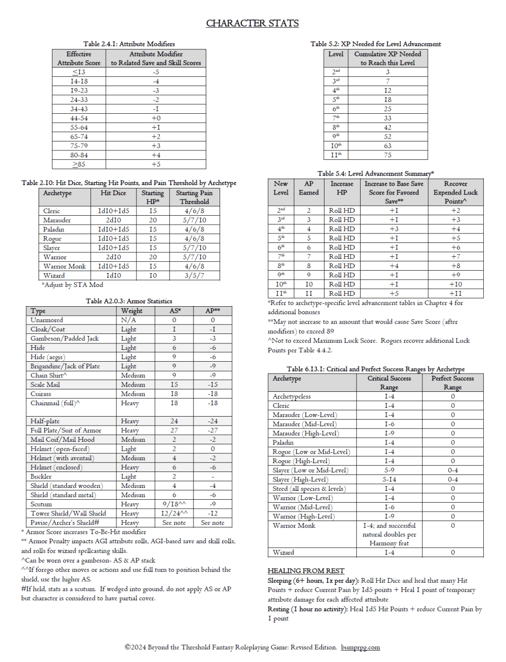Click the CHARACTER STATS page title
pos(252,23)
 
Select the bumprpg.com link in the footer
pos(360,647)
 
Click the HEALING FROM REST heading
pos(306,570)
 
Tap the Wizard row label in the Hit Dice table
pos(54,276)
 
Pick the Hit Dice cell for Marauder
pos(113,220)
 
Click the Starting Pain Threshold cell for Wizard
pos(194,276)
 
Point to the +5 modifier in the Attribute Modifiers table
pos(156,164)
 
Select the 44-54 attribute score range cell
pos(79,118)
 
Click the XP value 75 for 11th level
pos(387,155)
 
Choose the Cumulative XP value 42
pos(387,127)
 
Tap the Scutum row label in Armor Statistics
pos(41,504)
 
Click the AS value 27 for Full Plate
pos(174,430)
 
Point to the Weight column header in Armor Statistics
pos(132,311)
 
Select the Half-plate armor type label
pos(45,421)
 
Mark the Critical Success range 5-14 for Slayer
pos(389,479)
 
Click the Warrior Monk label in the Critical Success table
pos(294,525)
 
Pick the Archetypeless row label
pos(291,396)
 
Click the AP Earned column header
pos(309,188)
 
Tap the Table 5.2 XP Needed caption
pos(375,44)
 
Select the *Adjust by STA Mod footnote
pos(73,285)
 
